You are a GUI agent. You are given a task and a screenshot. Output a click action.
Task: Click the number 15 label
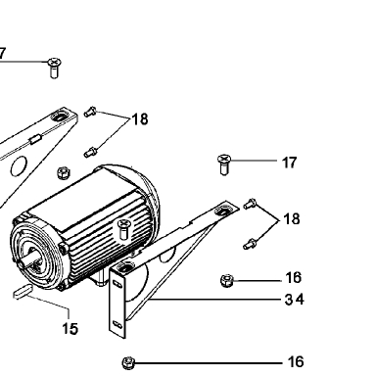(x=70, y=329)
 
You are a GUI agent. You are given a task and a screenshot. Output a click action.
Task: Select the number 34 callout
(x=295, y=300)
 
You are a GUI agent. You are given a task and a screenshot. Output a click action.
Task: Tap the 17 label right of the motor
(x=290, y=163)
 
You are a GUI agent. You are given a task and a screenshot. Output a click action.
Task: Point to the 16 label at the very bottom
(x=296, y=362)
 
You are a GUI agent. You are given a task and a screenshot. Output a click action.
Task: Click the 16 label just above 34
(x=293, y=278)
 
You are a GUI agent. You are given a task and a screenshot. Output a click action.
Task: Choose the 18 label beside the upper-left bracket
(x=140, y=119)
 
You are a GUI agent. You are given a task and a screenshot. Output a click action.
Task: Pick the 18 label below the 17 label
(x=292, y=219)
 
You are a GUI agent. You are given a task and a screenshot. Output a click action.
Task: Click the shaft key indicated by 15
(x=23, y=291)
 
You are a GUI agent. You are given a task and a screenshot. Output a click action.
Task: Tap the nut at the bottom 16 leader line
(x=128, y=363)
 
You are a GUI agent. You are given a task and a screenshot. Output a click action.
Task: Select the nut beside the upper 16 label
(x=226, y=281)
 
